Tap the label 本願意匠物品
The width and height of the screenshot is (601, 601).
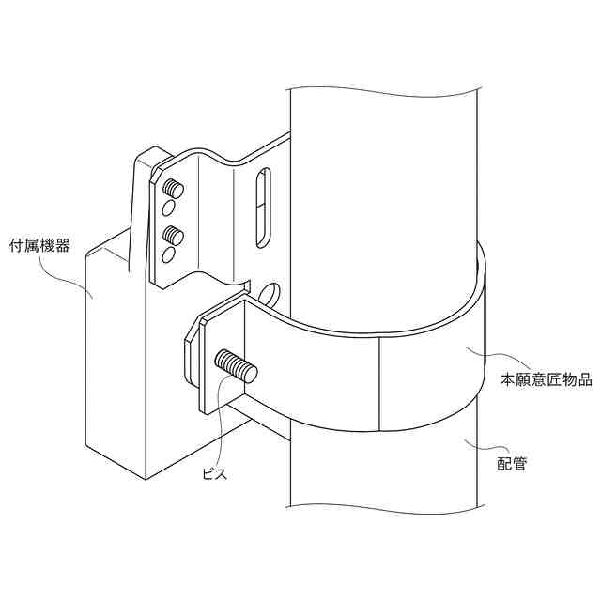coord(545,380)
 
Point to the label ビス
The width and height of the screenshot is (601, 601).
coord(216,475)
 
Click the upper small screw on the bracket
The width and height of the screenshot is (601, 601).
coord(172,186)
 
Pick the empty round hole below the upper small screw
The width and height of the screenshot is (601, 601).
coord(169,207)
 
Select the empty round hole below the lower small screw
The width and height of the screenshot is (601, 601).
coord(168,254)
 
